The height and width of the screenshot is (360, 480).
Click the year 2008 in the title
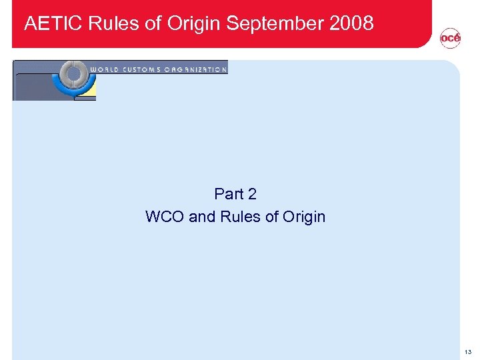pos(351,24)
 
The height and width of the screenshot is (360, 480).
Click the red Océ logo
pos(450,39)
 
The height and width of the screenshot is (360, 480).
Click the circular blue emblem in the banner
pos(74,79)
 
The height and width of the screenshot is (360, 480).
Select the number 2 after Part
pos(252,194)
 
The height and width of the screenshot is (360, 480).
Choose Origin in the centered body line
pos(303,217)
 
